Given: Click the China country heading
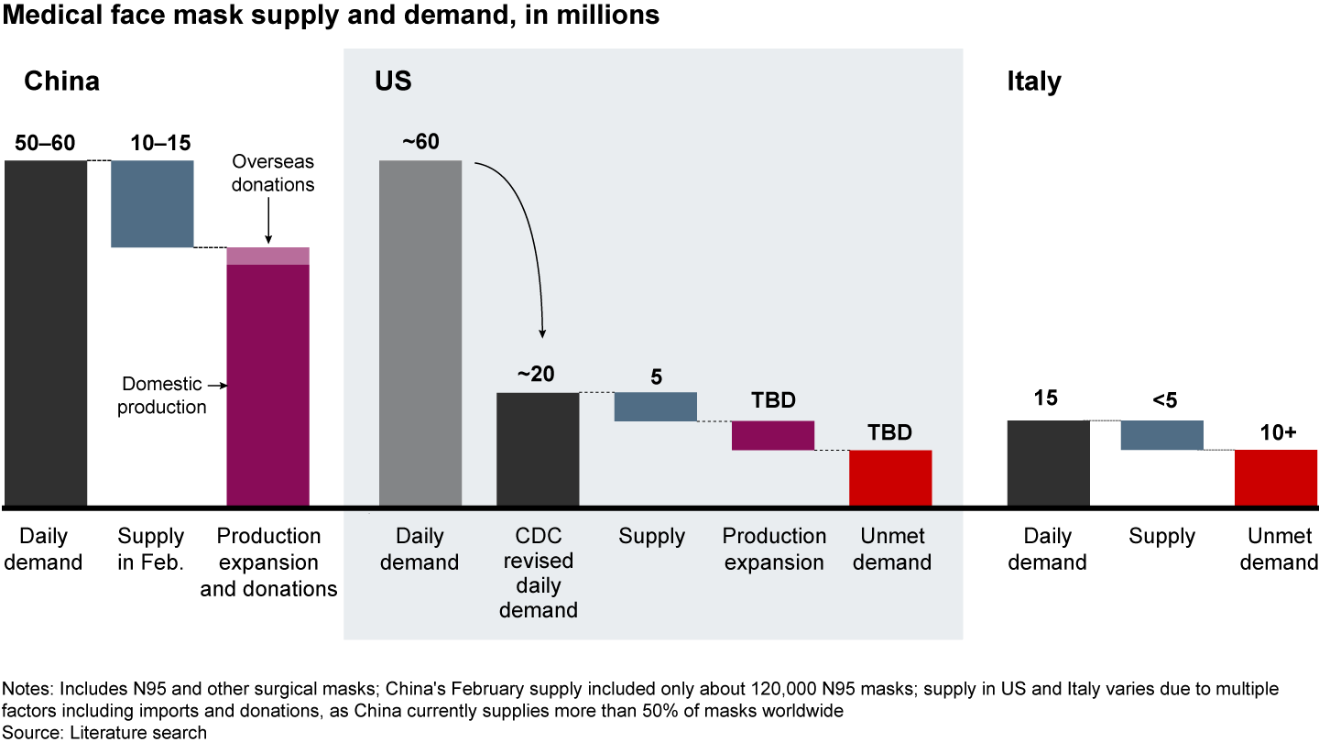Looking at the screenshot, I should coord(61,82).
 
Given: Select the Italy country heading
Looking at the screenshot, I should coord(1033,82).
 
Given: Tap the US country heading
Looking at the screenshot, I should coord(393,82).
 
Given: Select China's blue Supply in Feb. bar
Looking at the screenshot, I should coord(152,203).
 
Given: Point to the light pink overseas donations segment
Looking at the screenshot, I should coord(267,256).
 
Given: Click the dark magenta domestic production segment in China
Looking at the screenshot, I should coord(267,385).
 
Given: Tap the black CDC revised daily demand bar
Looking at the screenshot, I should coord(537,449).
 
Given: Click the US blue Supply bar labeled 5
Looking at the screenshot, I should coord(655,407).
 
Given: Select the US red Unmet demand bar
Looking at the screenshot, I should coord(890,477).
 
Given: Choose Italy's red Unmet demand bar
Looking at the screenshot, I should coord(1276,477).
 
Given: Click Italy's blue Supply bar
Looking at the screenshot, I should coord(1161,435).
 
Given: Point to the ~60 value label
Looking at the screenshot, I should coord(420,143).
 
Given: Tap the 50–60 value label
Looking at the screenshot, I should coord(45,143).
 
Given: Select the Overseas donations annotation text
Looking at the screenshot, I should coord(272,173).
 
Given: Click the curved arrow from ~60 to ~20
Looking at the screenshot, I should coord(527,229).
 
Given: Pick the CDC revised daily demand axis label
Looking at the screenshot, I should coord(538,573).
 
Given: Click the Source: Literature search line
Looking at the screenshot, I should coord(105,732).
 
